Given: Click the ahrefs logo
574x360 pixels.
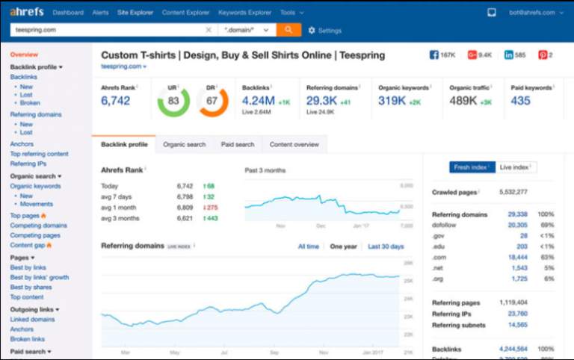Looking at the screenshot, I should [x=26, y=13].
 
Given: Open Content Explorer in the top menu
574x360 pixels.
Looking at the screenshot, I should [x=185, y=13].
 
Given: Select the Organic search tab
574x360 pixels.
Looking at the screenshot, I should [x=184, y=144].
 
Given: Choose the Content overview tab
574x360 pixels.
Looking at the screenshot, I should [x=294, y=144].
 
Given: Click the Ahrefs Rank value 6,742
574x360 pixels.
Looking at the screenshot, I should [x=116, y=101].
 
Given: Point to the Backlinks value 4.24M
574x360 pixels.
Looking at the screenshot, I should [x=258, y=101].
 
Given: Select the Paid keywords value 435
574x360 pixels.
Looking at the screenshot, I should [x=521, y=101].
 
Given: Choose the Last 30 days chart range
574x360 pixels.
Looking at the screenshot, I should [x=386, y=246].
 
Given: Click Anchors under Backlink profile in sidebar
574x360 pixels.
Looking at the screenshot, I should [x=22, y=144].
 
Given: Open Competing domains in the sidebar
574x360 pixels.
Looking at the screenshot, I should [x=38, y=226].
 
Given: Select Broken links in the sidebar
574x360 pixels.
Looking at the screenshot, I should [x=27, y=339].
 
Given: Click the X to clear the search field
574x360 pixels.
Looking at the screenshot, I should [x=209, y=31].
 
